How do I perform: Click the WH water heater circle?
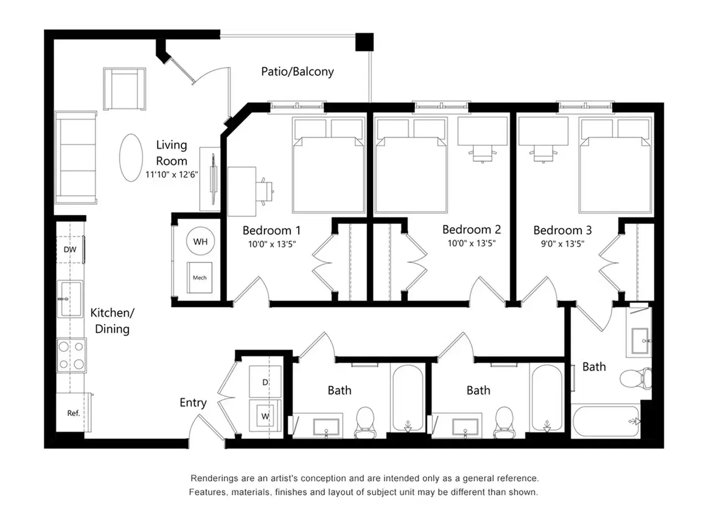200,241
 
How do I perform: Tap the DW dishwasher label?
70,249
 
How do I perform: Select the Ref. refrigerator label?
73,413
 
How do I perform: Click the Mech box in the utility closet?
200,277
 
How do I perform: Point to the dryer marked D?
265,382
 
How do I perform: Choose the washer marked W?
265,416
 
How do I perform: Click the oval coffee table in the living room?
131,158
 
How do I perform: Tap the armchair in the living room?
124,88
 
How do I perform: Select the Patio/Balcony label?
298,71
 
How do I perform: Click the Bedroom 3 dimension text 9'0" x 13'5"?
563,244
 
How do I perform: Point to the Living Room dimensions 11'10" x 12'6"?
171,174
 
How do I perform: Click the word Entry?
193,403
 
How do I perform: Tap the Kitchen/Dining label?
112,321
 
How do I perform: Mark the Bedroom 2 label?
472,230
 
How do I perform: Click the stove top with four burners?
71,355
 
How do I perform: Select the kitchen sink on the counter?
70,299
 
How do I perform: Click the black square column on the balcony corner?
365,42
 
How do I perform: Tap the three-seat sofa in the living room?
76,158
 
